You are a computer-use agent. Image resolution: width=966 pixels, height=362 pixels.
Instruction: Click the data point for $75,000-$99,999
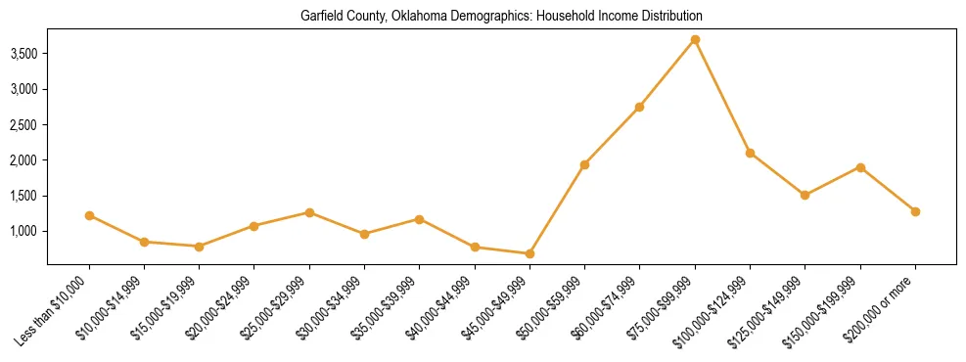(695, 40)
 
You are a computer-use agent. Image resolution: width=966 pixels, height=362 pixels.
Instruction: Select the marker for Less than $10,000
(89, 215)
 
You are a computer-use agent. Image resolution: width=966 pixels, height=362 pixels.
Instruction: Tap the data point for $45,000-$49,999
(529, 253)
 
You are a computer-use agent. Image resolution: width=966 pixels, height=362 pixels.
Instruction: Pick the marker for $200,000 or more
(915, 211)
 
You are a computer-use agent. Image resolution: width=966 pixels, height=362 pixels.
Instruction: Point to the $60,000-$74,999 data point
(639, 107)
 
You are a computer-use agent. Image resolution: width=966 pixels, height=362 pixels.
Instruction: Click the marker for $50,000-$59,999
(584, 164)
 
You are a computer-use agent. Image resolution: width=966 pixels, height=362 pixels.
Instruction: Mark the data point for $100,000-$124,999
(750, 153)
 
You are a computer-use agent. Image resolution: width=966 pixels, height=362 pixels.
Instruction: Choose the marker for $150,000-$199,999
(860, 167)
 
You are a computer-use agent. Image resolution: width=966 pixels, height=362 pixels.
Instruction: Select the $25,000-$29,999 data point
(309, 212)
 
